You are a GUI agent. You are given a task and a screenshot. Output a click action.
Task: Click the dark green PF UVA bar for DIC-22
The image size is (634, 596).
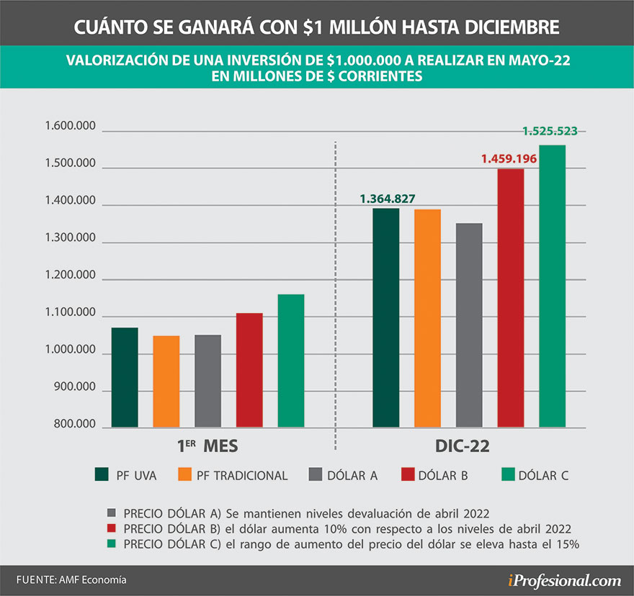(385, 318)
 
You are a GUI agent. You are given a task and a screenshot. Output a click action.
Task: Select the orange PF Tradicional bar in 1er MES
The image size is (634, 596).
(166, 381)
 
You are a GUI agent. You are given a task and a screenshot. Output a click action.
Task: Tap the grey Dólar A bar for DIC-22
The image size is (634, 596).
(469, 325)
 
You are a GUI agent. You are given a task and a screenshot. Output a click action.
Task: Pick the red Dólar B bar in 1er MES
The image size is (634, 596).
(249, 370)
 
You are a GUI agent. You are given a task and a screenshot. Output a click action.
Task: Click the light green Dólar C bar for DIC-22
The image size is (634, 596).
(552, 286)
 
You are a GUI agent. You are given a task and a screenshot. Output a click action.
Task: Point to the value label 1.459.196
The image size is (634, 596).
(509, 158)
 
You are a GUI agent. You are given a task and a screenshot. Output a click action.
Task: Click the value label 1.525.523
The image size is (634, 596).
(550, 131)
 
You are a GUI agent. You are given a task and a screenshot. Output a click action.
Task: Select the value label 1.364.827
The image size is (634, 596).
(388, 199)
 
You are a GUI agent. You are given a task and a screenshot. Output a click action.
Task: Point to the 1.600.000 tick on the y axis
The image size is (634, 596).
(70, 127)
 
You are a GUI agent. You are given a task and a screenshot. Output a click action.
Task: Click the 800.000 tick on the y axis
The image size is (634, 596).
(74, 424)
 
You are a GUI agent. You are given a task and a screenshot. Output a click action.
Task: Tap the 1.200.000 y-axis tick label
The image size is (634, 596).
(70, 276)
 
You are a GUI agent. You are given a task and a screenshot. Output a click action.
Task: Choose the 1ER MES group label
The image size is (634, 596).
(207, 446)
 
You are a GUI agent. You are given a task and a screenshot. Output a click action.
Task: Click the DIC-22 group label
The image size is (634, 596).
(463, 446)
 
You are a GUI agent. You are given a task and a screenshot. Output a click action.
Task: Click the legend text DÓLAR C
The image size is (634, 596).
(545, 475)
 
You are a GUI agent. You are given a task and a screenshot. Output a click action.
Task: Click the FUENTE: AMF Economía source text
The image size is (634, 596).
(66, 579)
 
